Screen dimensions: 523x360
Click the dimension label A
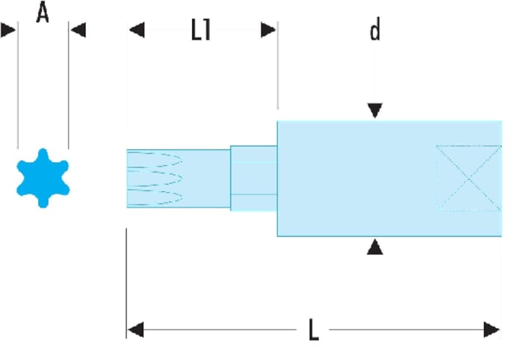tap(43, 12)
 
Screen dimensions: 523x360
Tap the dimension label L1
tap(201, 30)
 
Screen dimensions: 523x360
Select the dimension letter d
tap(375, 29)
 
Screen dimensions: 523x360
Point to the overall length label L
tap(314, 329)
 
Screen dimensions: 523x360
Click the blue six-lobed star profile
tap(43, 178)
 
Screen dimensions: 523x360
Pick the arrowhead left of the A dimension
tap(8, 30)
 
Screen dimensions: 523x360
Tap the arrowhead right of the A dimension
tap(78, 30)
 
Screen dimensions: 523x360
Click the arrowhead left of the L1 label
tap(137, 30)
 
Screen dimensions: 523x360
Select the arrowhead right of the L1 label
tap(268, 30)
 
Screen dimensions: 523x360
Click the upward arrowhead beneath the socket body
tap(375, 247)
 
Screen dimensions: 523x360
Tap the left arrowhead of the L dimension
tap(136, 329)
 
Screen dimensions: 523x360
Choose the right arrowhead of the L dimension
tap(492, 329)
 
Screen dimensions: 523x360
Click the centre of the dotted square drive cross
tap(469, 179)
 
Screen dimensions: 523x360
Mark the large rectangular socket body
tap(389, 179)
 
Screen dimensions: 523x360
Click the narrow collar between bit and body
tap(253, 179)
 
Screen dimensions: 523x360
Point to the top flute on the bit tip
tap(155, 158)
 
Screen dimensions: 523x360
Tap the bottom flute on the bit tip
tap(155, 197)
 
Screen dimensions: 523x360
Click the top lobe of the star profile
tap(43, 155)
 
